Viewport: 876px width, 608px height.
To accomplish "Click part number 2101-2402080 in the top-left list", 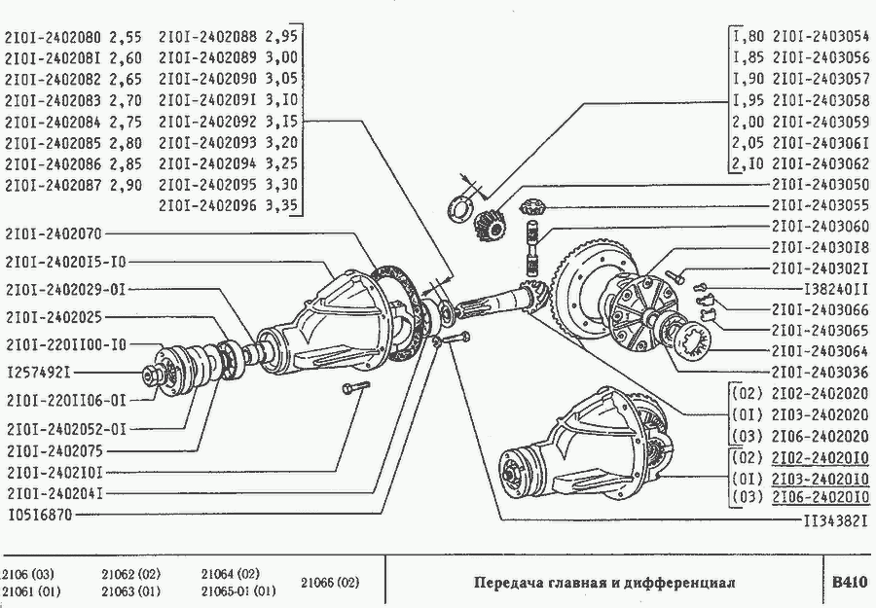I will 54,39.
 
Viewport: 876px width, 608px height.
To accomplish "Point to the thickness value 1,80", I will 748,38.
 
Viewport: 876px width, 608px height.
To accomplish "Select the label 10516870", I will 42,515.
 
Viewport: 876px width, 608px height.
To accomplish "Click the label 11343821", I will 833,520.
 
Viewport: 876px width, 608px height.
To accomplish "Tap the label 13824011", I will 833,289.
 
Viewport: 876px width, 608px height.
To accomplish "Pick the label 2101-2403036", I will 821,372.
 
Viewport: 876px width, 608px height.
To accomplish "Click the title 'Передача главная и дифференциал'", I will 604,582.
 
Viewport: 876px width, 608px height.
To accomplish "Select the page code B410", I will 847,582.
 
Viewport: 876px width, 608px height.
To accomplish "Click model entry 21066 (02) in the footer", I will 331,582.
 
